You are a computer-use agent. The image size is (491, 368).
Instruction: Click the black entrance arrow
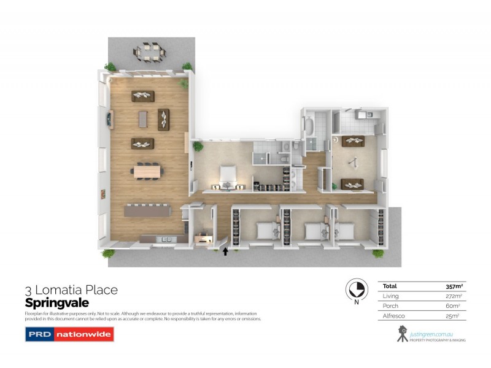[x=225, y=251]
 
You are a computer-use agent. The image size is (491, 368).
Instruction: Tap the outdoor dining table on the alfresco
[x=150, y=52]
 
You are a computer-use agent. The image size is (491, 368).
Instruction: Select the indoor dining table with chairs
[x=146, y=171]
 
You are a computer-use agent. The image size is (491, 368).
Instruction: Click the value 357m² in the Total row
[x=454, y=286]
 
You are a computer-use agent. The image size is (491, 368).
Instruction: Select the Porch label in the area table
[x=390, y=305]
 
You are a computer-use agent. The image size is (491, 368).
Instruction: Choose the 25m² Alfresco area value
[x=454, y=315]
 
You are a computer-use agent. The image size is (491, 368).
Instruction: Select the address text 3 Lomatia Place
[x=71, y=289]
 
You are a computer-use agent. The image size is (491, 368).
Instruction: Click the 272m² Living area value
[x=454, y=296]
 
